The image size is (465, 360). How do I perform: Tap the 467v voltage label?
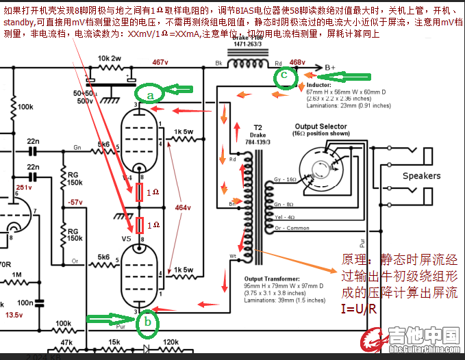160,62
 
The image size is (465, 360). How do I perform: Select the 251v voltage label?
24,187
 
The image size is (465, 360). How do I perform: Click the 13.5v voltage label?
14,316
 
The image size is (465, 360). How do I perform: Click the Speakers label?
421,176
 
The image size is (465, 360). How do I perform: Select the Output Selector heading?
321,127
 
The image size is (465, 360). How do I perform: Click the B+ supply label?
330,67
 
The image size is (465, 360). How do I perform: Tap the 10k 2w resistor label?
112,59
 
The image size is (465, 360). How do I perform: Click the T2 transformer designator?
257,127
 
